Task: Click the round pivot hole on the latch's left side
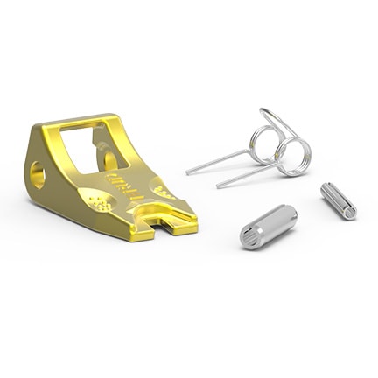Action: click(x=38, y=176)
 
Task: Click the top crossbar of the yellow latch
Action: click(x=83, y=122)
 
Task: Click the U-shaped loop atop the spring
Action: click(x=273, y=118)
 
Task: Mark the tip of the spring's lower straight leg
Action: click(x=219, y=185)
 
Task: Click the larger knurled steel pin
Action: click(x=268, y=226)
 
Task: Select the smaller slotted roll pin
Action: click(x=338, y=200)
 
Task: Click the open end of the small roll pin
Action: click(x=350, y=211)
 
